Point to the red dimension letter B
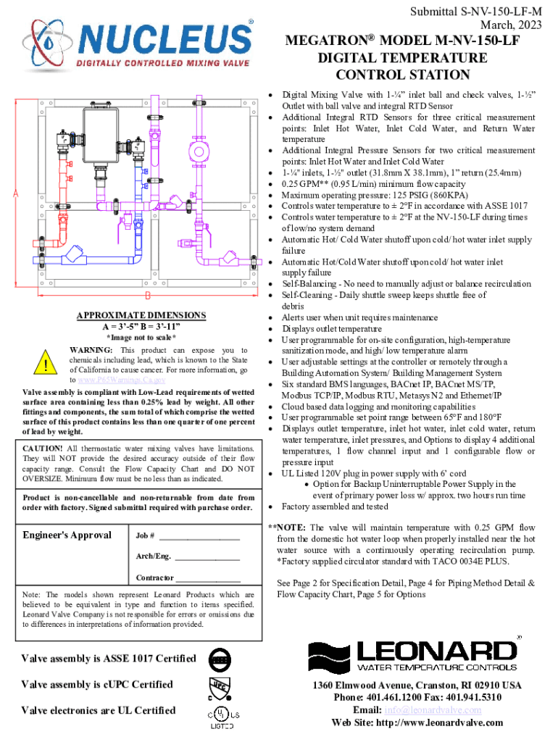click(148, 296)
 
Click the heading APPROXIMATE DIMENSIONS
click(141, 315)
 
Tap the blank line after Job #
click(199, 537)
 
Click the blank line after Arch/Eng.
click(207, 558)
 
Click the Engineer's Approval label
click(67, 535)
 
